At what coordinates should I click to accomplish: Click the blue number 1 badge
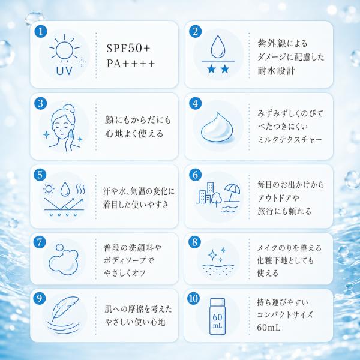click(x=41, y=32)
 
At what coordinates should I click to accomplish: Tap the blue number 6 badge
click(x=196, y=175)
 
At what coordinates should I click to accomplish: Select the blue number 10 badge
click(x=194, y=298)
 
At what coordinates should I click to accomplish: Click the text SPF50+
click(x=128, y=48)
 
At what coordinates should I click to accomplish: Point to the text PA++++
click(x=131, y=64)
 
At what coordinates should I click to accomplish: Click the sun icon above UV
click(x=64, y=49)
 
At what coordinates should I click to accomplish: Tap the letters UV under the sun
click(x=64, y=71)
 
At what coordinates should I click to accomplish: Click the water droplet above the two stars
click(x=217, y=47)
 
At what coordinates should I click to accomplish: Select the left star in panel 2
click(x=211, y=69)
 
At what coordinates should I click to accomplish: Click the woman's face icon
click(x=62, y=128)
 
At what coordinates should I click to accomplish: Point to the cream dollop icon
click(x=217, y=128)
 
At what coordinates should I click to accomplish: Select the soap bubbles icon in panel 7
click(x=63, y=259)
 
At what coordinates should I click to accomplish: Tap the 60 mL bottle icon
click(x=217, y=316)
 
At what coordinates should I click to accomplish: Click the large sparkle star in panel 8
click(x=212, y=255)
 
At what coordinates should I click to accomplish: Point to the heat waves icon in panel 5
click(x=80, y=189)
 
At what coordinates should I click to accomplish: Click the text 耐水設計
click(x=276, y=71)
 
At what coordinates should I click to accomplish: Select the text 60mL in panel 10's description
click(x=269, y=328)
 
